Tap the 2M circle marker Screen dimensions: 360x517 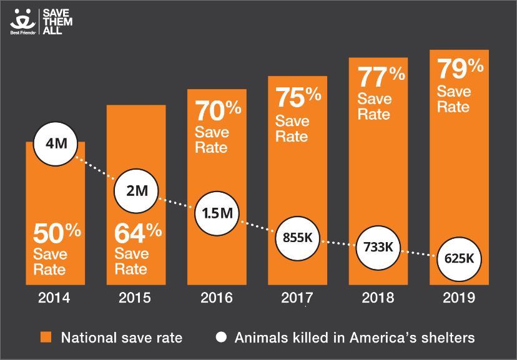tap(136, 191)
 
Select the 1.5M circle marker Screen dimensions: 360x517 tap(217, 212)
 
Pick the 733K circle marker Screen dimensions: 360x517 tap(378, 246)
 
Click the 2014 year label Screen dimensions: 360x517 tap(55, 298)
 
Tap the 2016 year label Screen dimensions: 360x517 tap(217, 298)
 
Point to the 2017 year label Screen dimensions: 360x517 tap(297, 298)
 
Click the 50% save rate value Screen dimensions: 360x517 tap(57, 235)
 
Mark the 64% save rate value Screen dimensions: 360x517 tap(138, 235)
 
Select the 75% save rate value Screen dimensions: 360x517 tap(298, 98)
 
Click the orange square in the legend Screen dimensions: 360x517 tap(46, 338)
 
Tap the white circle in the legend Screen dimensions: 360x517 tap(220, 338)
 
